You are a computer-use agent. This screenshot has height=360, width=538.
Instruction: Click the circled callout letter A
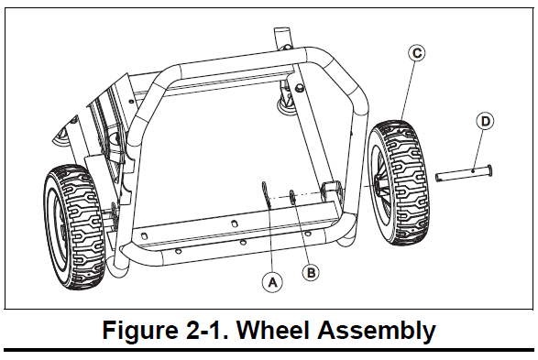click(x=272, y=282)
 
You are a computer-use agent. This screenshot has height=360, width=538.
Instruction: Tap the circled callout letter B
click(x=311, y=273)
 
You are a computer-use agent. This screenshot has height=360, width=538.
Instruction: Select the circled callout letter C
click(x=416, y=53)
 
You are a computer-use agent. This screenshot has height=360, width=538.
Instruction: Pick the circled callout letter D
click(x=486, y=121)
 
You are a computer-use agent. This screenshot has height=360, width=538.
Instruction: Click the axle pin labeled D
click(x=464, y=172)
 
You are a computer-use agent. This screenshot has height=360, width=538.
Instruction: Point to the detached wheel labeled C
click(x=398, y=182)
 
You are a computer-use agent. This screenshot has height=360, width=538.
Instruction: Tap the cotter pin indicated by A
click(x=266, y=194)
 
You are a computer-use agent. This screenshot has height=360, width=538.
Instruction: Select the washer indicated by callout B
click(x=292, y=197)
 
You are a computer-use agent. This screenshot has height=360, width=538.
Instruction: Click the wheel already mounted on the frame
click(x=74, y=227)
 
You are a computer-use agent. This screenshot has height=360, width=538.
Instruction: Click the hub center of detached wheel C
click(x=379, y=184)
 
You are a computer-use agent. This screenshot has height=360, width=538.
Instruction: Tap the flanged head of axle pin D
click(x=489, y=170)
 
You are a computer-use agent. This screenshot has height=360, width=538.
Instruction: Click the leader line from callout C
click(x=408, y=91)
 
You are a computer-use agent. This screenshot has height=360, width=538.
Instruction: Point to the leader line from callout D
click(x=478, y=149)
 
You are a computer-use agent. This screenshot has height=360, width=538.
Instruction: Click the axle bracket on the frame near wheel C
click(x=331, y=191)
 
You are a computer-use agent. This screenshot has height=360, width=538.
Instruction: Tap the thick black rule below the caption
click(x=269, y=350)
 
